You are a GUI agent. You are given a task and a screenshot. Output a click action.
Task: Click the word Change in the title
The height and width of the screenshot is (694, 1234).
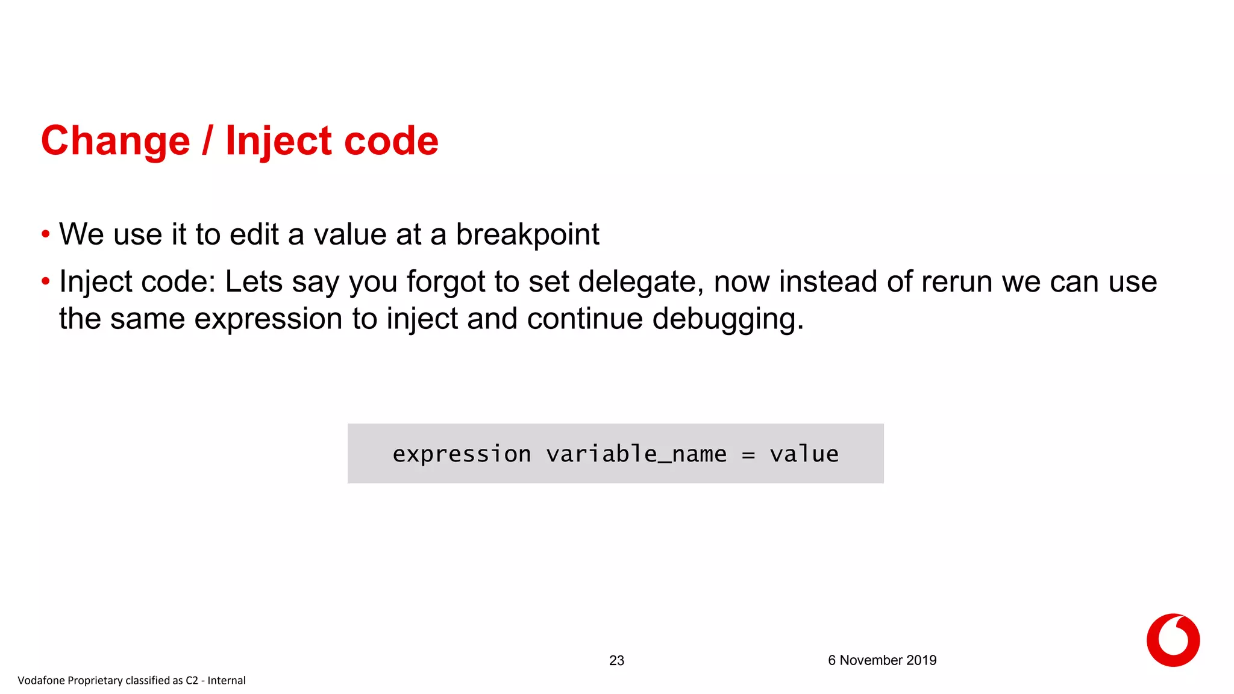coord(115,142)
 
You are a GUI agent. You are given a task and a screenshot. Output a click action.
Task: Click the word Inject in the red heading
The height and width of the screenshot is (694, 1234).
coord(278,142)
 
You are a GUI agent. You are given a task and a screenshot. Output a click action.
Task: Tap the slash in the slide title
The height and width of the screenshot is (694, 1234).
coord(207,142)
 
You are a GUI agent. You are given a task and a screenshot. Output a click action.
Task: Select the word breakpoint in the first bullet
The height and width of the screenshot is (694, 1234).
coord(527,235)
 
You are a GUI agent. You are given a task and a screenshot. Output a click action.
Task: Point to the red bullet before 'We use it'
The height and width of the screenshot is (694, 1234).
coord(46,234)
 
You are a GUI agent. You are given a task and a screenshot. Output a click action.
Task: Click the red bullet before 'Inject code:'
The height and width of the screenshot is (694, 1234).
coord(46,281)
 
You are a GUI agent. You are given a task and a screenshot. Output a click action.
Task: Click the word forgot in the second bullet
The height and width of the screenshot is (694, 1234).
coord(445,282)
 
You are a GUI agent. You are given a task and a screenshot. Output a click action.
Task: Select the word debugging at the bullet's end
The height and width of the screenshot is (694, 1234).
coord(727,319)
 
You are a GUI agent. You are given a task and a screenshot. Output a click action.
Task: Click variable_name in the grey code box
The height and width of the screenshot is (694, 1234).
coord(636,454)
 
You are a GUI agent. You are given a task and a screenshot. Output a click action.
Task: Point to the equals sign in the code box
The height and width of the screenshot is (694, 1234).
coord(748,455)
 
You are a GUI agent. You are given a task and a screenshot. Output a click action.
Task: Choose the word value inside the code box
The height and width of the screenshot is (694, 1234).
coord(804,454)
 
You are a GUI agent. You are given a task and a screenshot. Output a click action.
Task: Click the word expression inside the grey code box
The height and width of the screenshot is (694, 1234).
coord(462,454)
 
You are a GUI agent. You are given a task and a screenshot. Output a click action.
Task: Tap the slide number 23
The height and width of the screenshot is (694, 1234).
coord(616,660)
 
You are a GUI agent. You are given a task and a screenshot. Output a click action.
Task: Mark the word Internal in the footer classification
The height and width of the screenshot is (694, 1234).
coord(227,681)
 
